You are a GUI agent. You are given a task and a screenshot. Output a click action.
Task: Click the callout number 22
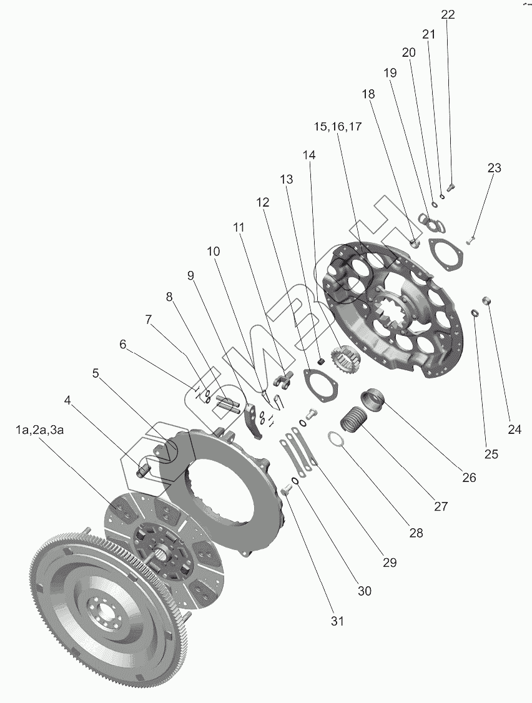[448, 15]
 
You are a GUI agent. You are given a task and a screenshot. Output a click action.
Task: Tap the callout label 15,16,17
[338, 126]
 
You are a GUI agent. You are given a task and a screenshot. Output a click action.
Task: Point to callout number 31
[337, 621]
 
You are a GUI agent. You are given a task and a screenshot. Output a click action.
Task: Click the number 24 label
[514, 429]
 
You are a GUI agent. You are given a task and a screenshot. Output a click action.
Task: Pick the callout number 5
[96, 373]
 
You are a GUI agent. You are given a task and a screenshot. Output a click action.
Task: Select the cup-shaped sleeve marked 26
[375, 399]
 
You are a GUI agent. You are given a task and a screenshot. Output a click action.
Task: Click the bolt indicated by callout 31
[286, 491]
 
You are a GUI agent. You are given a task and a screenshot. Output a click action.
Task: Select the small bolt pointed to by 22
[453, 185]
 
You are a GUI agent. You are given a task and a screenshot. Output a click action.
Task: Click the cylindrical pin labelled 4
[144, 468]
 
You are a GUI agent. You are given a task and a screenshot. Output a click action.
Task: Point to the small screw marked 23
[472, 240]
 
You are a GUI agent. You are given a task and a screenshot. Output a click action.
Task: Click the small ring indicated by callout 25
[475, 312]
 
